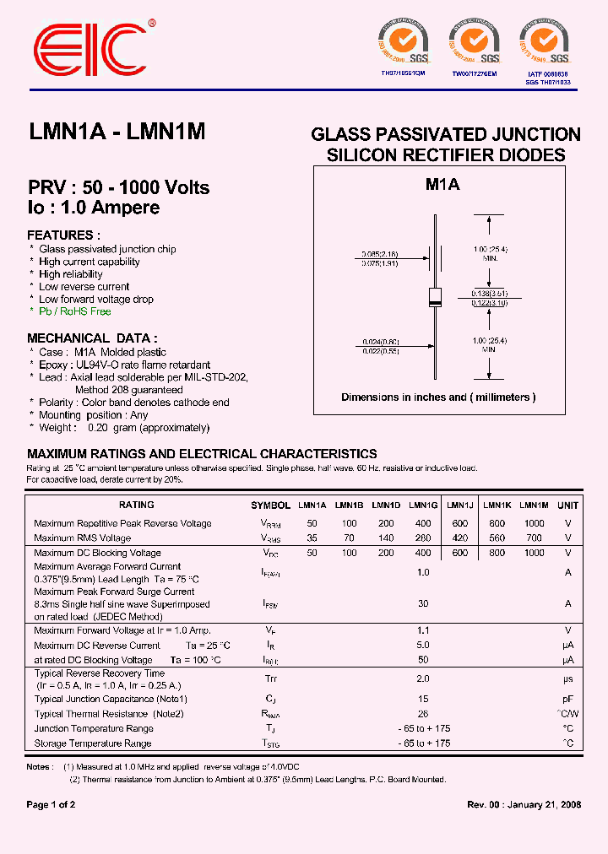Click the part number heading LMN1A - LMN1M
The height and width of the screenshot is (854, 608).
tap(117, 132)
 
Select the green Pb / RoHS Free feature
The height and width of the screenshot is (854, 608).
tap(74, 311)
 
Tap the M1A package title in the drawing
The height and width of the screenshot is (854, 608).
tap(442, 186)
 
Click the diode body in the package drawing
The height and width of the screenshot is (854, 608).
tap(436, 296)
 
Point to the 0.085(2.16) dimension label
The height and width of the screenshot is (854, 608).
tap(379, 254)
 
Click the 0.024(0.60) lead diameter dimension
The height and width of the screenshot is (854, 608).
tap(379, 342)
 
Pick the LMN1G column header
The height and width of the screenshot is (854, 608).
tap(423, 505)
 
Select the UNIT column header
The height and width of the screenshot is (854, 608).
tap(567, 505)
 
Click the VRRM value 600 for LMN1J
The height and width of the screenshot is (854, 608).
tap(459, 523)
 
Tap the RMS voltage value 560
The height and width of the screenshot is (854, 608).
tap(497, 538)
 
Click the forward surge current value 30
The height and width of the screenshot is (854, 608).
tap(423, 603)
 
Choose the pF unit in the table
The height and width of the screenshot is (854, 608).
tap(567, 699)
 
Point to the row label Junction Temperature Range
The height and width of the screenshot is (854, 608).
tap(94, 728)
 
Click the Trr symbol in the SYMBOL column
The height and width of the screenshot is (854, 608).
tap(270, 678)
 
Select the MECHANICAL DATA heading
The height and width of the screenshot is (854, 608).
tap(91, 338)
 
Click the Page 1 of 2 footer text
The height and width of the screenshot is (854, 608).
tap(51, 805)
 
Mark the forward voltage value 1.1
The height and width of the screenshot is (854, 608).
tap(423, 630)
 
